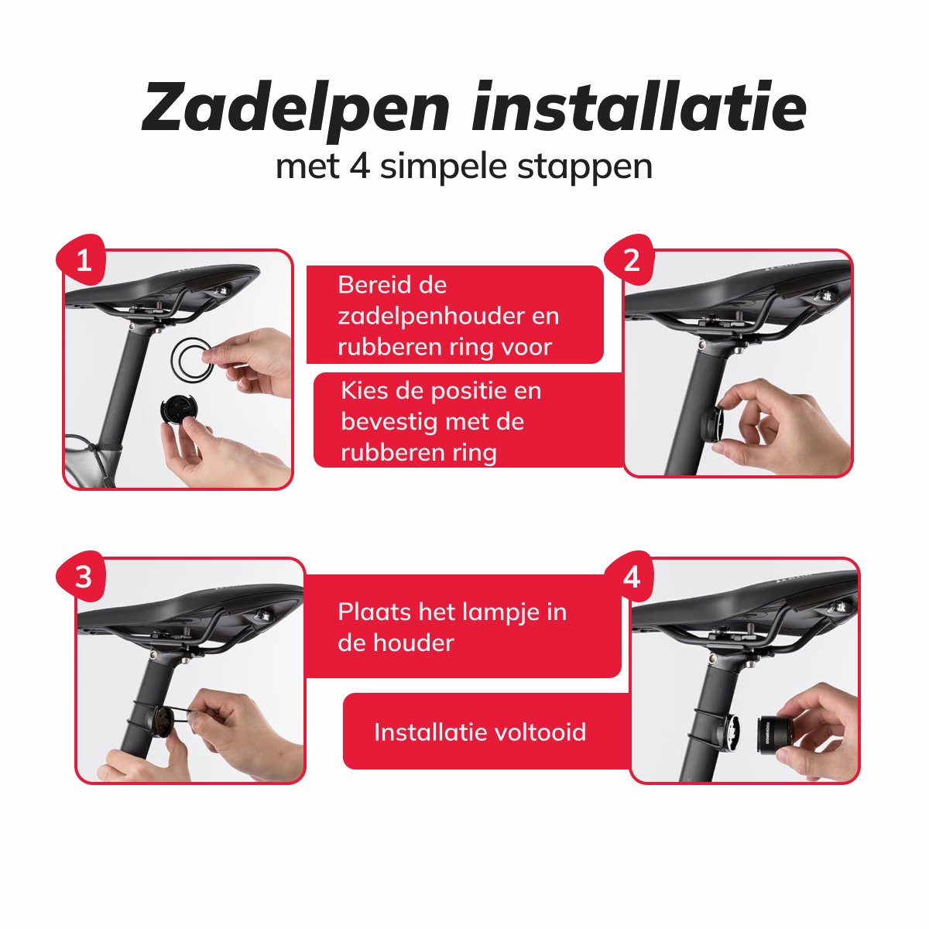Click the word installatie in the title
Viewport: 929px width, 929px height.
click(x=639, y=107)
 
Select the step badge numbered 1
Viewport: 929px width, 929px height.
click(x=83, y=260)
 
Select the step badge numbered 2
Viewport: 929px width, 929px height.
click(x=631, y=260)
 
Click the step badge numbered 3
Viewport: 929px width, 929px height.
click(x=83, y=576)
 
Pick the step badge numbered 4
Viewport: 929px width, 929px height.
click(x=631, y=576)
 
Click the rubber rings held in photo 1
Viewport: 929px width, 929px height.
click(x=191, y=359)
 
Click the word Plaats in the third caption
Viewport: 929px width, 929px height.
click(x=373, y=612)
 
